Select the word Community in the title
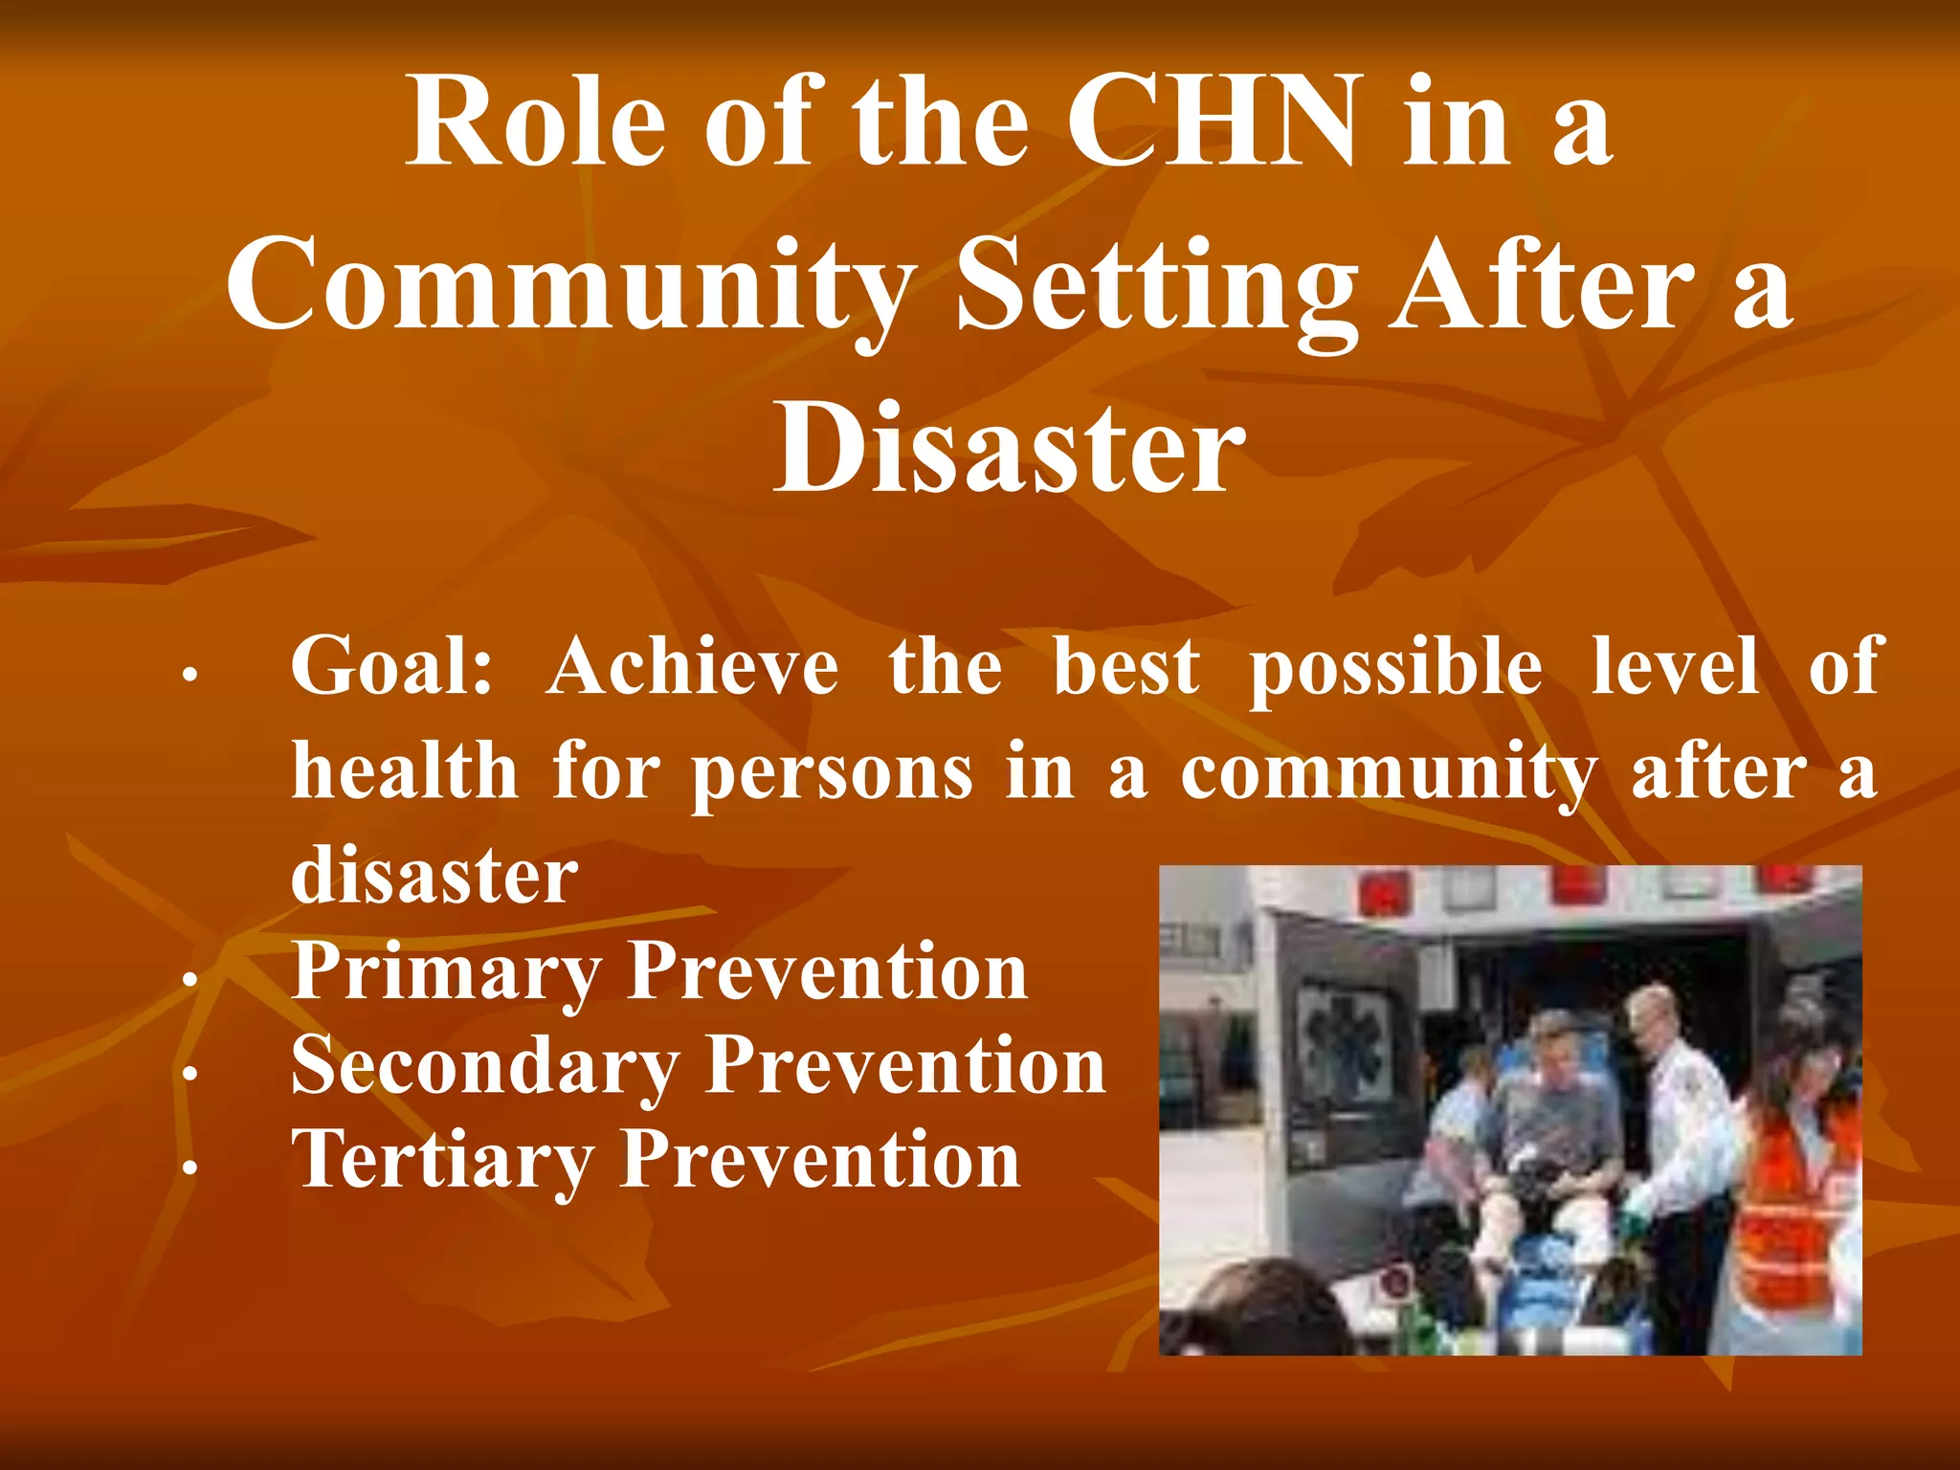pyautogui.click(x=570, y=285)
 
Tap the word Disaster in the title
pyautogui.click(x=1009, y=448)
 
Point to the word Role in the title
pyautogui.click(x=535, y=124)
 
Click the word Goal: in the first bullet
pyautogui.click(x=391, y=667)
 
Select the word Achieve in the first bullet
pyautogui.click(x=693, y=667)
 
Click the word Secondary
pyautogui.click(x=484, y=1067)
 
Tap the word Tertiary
pyautogui.click(x=442, y=1161)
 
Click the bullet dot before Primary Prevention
pyautogui.click(x=190, y=979)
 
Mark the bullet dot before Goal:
pyautogui.click(x=190, y=675)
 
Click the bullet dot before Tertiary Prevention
pyautogui.click(x=190, y=1167)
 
